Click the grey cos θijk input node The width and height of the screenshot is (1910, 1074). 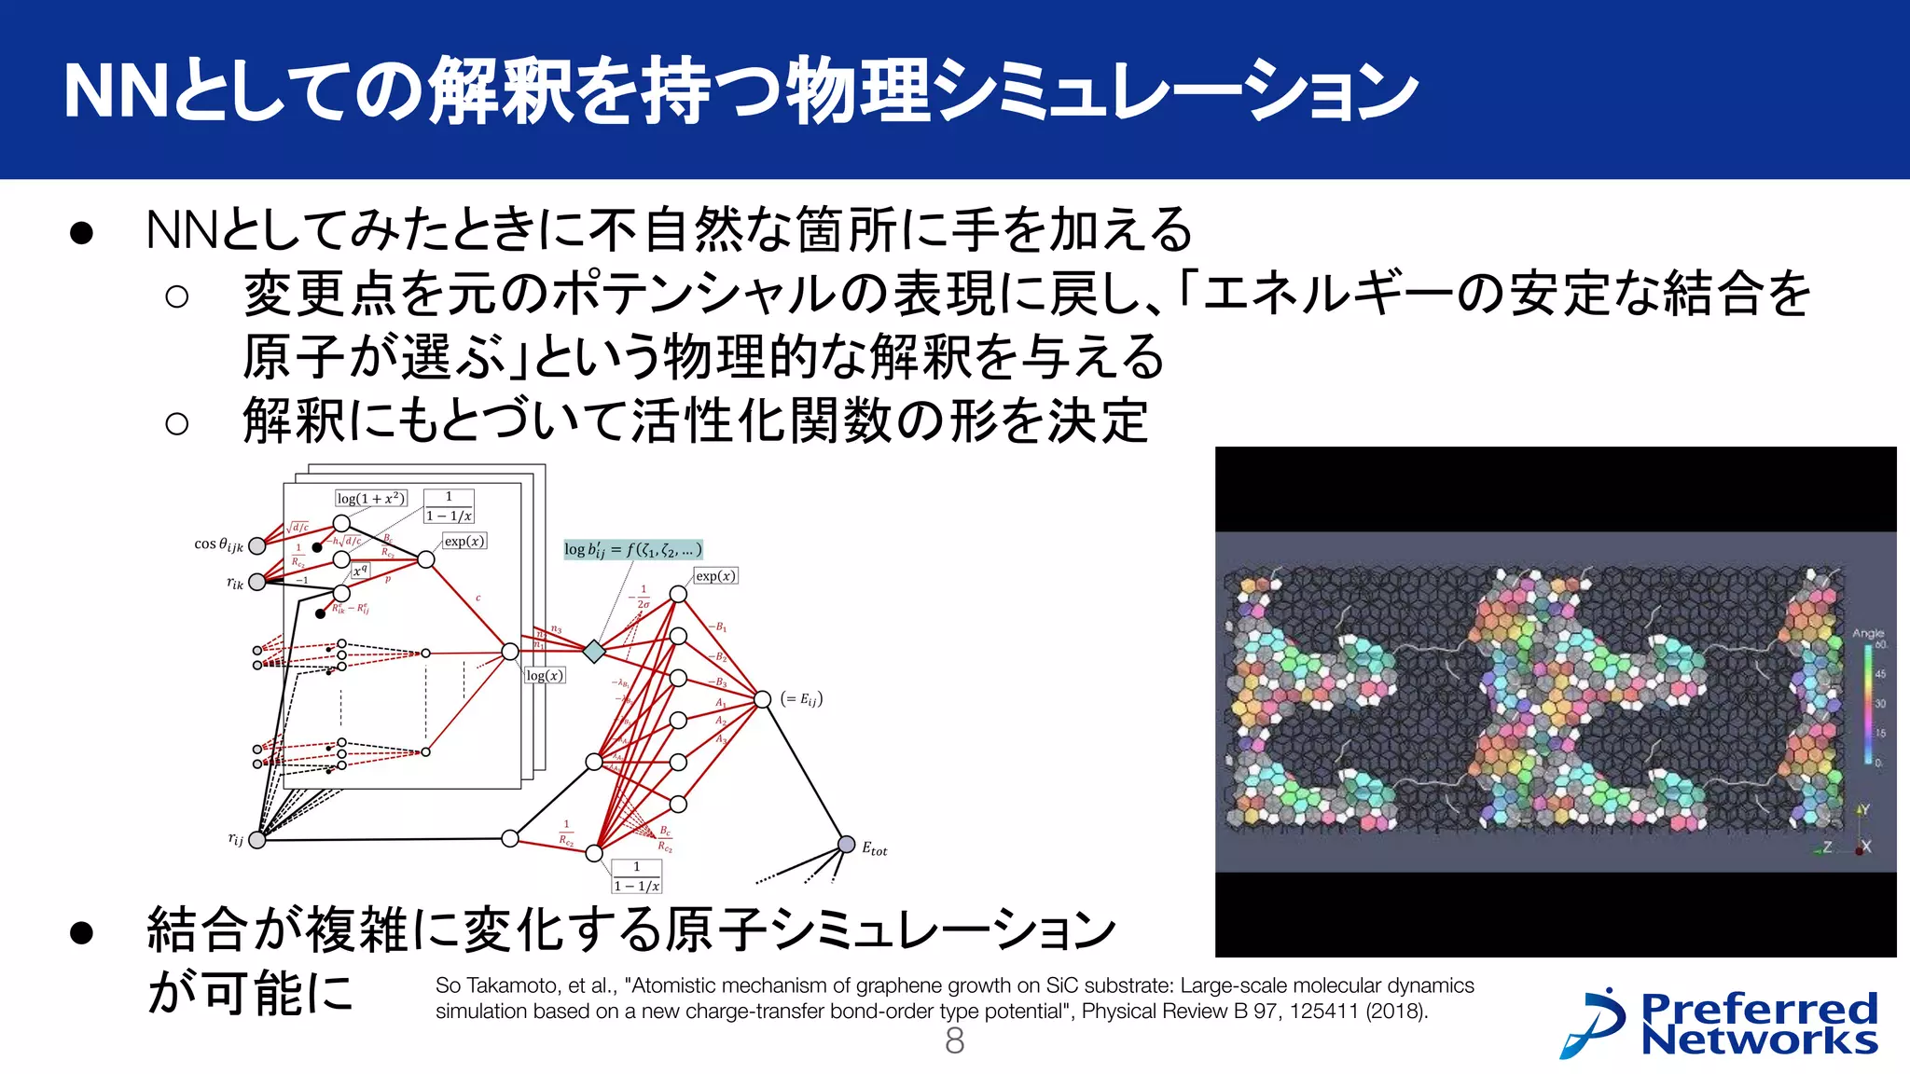257,545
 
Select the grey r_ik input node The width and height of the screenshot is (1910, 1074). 257,582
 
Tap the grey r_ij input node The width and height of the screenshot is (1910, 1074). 257,839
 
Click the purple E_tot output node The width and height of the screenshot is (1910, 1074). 846,845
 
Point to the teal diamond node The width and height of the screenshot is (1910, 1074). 594,651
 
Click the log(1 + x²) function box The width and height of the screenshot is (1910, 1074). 370,499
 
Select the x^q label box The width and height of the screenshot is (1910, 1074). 360,571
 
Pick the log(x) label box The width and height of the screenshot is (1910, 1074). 545,675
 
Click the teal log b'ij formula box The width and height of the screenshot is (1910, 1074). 632,549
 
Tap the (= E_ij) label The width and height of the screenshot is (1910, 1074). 801,699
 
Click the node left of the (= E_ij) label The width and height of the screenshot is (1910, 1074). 762,699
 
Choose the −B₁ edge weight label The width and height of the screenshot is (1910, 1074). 717,627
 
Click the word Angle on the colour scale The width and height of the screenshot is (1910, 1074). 1867,633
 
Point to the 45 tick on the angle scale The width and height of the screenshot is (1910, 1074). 1880,673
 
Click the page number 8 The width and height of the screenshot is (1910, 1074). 954,1041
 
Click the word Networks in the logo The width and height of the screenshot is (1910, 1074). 1759,1040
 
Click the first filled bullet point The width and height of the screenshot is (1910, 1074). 82,233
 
